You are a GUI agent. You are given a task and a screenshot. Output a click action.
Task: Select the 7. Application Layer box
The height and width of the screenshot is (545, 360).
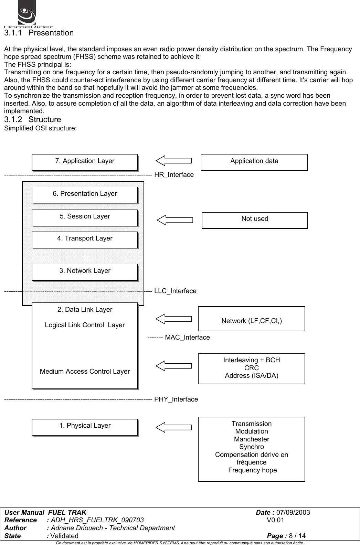[85, 162]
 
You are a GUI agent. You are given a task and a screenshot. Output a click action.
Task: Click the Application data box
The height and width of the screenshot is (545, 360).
[254, 162]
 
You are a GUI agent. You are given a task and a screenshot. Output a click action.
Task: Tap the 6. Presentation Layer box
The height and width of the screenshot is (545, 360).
[85, 195]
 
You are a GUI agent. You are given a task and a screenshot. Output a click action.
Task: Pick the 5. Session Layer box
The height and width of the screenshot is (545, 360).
[85, 217]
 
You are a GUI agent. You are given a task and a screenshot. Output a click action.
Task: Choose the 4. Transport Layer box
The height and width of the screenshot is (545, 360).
[85, 239]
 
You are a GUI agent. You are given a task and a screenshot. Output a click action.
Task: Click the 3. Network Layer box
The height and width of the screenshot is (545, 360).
[85, 272]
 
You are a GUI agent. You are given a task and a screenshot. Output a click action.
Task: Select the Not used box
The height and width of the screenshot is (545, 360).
[255, 220]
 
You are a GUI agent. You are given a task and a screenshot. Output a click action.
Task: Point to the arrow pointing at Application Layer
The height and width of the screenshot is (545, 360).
[174, 160]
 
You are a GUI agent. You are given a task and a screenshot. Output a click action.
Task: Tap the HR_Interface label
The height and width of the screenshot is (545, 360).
[174, 175]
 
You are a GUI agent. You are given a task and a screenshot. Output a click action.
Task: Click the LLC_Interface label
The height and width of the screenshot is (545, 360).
[175, 291]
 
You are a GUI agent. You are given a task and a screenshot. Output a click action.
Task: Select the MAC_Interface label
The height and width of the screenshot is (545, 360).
[187, 338]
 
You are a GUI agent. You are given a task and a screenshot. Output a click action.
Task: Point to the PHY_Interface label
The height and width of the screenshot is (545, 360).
[176, 399]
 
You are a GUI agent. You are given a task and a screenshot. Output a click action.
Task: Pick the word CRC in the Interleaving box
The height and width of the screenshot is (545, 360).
[252, 368]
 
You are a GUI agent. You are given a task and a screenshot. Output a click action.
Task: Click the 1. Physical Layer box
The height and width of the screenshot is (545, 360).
[85, 427]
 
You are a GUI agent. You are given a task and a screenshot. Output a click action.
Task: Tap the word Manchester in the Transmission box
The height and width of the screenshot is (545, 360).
[252, 439]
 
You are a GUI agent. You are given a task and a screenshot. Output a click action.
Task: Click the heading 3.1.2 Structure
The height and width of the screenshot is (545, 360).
[33, 120]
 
